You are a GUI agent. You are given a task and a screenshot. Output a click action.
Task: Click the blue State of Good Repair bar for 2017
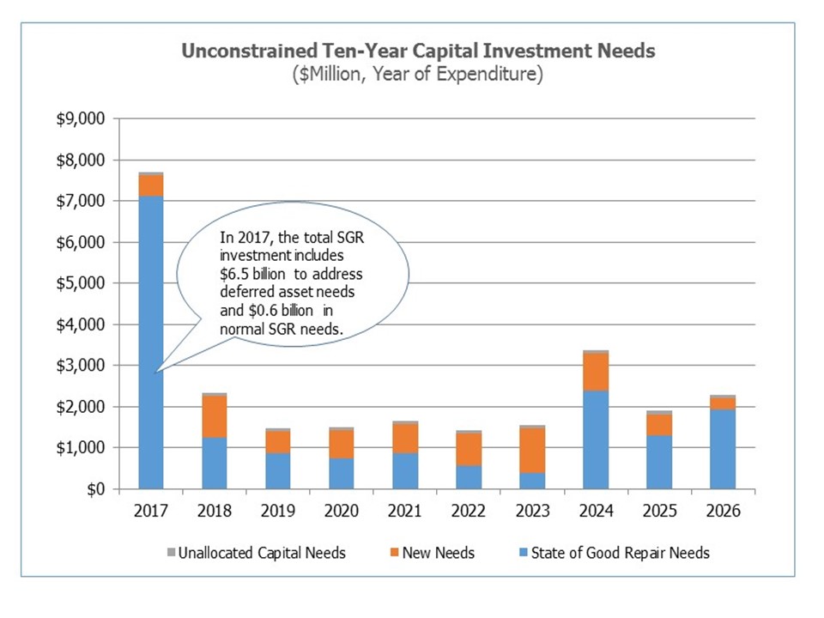click(x=151, y=412)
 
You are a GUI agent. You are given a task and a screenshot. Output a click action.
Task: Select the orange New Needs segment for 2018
click(x=215, y=416)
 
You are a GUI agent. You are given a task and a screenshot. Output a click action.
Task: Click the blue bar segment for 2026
click(x=723, y=449)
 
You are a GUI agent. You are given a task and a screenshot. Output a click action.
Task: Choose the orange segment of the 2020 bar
click(x=342, y=444)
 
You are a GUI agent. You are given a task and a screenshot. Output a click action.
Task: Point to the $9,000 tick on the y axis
click(x=81, y=118)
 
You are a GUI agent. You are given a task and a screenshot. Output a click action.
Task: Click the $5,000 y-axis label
click(x=81, y=283)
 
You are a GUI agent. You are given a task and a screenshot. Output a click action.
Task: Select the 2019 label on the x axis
click(x=278, y=512)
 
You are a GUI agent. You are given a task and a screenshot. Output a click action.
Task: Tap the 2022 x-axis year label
click(x=469, y=512)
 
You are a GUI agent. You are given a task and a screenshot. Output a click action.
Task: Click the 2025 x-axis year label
click(x=659, y=512)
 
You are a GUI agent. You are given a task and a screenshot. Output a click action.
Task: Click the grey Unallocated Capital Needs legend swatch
click(x=170, y=553)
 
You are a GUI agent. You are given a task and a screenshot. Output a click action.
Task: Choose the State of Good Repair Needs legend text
click(x=621, y=553)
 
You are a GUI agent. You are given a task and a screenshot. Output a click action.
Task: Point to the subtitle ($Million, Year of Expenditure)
click(x=418, y=75)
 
